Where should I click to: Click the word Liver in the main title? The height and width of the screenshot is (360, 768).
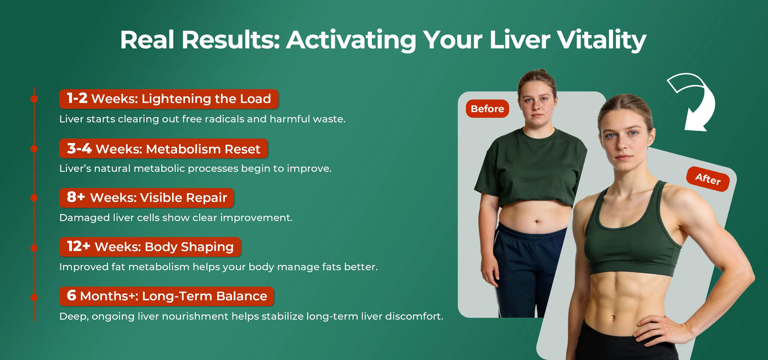pos(519,40)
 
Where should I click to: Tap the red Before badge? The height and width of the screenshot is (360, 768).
pos(487,109)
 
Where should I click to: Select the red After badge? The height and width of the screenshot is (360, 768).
pos(708,179)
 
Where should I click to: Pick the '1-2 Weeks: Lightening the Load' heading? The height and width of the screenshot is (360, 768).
pos(169,99)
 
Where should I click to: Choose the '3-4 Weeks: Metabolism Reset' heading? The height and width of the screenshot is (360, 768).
pos(163,149)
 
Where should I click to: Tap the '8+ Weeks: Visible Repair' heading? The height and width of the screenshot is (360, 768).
pos(147,198)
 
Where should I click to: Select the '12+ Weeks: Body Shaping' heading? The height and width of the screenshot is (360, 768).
pos(150,247)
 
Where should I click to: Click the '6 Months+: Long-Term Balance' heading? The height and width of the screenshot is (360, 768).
pos(167,296)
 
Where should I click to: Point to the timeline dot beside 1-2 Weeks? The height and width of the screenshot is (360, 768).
pos(34,99)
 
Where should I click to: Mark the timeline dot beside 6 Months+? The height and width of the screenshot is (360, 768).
pos(34,297)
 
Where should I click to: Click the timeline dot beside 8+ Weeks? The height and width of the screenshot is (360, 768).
pos(34,198)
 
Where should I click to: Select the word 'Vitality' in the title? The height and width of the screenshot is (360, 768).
pos(601,40)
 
